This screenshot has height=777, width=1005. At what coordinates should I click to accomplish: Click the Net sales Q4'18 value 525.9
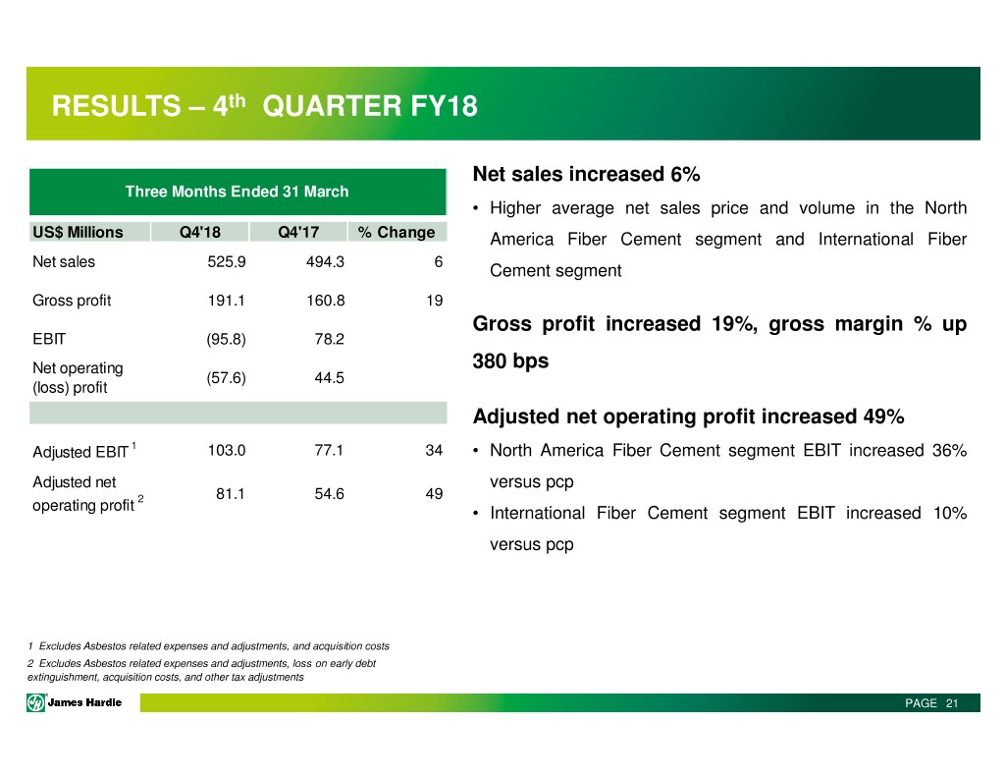tap(227, 261)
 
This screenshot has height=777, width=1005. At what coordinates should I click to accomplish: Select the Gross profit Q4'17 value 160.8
tap(326, 301)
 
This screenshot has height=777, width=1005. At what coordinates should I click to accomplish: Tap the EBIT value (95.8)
tap(227, 339)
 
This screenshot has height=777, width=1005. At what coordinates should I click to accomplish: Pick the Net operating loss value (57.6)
tap(227, 378)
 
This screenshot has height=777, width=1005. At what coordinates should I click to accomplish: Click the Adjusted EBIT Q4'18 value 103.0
tap(227, 451)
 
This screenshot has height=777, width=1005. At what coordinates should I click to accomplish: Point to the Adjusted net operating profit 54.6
tap(330, 494)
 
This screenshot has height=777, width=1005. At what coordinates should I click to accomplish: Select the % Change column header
tap(397, 232)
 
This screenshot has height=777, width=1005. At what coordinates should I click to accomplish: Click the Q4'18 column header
tap(200, 232)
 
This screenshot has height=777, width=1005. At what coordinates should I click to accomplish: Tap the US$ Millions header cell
tap(78, 232)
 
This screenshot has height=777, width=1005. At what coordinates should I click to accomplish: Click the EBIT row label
tap(49, 339)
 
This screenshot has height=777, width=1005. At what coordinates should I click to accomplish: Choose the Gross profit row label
tap(72, 301)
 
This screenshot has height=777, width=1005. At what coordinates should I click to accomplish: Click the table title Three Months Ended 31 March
tap(238, 192)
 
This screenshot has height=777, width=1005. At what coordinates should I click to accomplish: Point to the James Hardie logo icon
tap(36, 703)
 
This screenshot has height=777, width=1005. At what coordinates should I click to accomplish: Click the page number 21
tap(952, 703)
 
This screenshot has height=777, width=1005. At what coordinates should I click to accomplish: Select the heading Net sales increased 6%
tap(587, 174)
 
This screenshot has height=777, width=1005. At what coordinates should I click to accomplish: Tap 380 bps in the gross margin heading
tap(510, 361)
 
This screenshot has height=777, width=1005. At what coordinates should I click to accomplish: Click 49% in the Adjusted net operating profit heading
tap(884, 416)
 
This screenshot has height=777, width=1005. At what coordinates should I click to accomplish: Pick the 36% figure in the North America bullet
tap(949, 451)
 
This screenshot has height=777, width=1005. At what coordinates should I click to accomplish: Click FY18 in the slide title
tap(445, 106)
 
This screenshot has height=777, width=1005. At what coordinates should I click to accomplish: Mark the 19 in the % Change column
tap(435, 301)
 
